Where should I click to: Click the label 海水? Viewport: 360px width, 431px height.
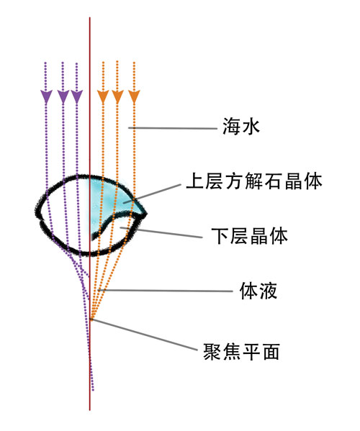(x=241, y=127)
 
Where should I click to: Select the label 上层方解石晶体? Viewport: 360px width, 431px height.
(x=254, y=181)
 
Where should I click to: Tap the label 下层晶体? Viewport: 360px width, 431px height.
(x=249, y=236)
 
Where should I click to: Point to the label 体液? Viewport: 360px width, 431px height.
(x=258, y=291)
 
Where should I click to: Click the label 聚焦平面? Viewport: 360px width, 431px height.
(x=241, y=352)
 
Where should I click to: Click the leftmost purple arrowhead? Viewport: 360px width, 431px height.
(x=46, y=96)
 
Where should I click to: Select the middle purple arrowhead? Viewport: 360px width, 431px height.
(x=63, y=96)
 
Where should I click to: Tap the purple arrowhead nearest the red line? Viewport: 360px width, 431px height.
(x=77, y=96)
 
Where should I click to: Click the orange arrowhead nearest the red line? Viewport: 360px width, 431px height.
(x=103, y=96)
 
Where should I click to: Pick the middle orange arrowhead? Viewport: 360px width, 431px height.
(x=117, y=96)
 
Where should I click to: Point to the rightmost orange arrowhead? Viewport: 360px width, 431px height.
(x=134, y=96)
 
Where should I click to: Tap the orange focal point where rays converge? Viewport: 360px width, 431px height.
(x=91, y=319)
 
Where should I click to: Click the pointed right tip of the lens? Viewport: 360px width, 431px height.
(x=146, y=214)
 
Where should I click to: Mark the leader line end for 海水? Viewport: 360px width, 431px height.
(x=129, y=127)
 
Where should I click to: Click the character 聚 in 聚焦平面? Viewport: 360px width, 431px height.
(x=212, y=352)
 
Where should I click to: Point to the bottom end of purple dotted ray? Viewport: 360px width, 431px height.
(x=93, y=390)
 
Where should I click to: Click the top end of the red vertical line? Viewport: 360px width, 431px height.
(x=90, y=17)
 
